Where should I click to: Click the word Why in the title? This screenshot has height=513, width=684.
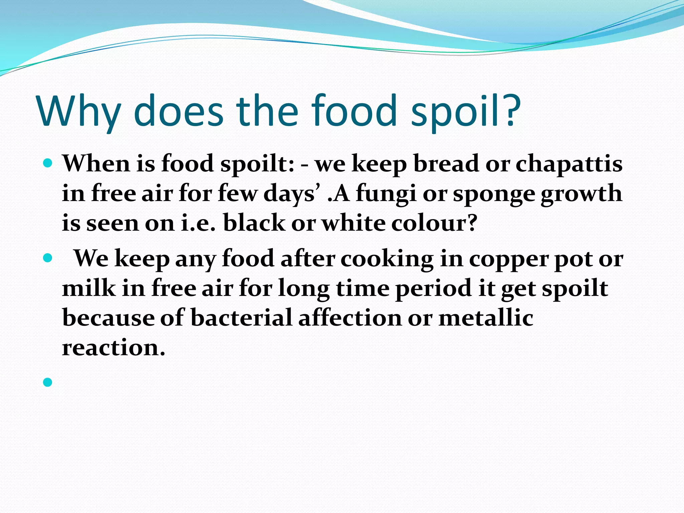pyautogui.click(x=78, y=111)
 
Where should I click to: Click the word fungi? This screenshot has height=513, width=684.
pyautogui.click(x=386, y=194)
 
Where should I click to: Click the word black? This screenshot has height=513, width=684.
pyautogui.click(x=254, y=223)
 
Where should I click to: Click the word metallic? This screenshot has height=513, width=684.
pyautogui.click(x=486, y=318)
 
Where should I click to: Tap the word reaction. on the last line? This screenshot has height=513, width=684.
pyautogui.click(x=114, y=348)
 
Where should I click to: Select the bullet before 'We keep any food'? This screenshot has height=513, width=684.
pyautogui.click(x=48, y=258)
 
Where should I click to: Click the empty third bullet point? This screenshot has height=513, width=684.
pyautogui.click(x=48, y=382)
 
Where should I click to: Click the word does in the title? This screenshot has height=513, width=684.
pyautogui.click(x=178, y=111)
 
